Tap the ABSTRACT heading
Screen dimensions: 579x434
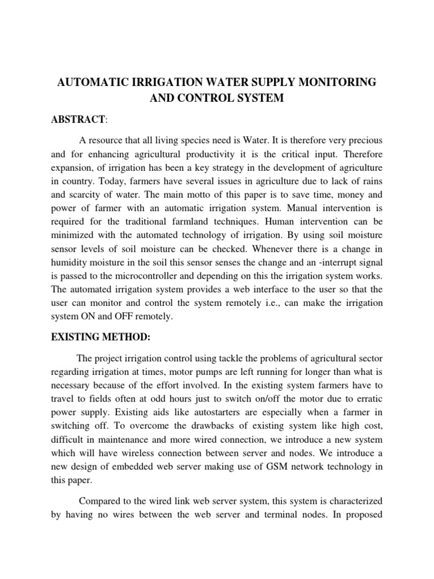[x=80, y=120]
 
